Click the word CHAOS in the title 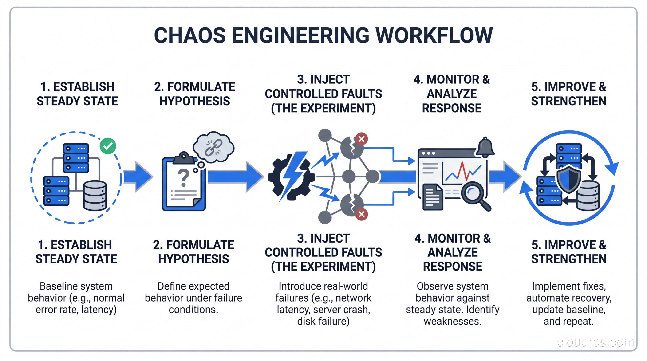tap(190, 35)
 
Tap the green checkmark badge tap(108, 146)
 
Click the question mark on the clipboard tap(184, 177)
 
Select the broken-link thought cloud tap(213, 147)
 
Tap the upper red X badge tap(361, 139)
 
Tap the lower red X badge tap(361, 214)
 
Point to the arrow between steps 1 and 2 tap(138, 177)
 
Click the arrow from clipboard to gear tap(235, 177)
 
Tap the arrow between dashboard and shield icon tap(505, 177)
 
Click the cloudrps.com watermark tap(595, 342)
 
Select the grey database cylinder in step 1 tap(95, 195)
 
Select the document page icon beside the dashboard tap(433, 197)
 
